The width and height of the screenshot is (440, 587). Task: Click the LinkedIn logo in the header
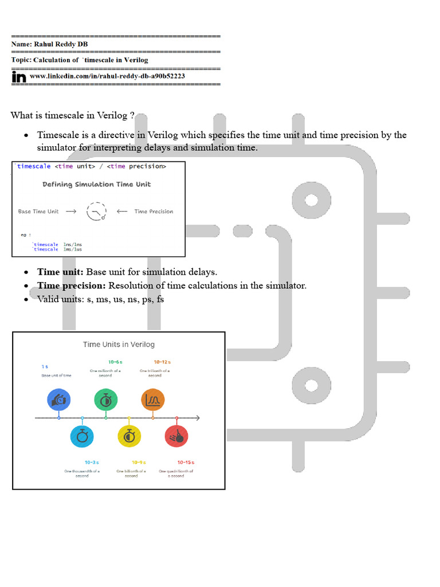point(19,77)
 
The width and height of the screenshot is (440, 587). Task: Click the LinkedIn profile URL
point(107,76)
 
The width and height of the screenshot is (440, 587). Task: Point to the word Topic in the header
point(21,60)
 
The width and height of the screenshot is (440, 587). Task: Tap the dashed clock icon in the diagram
point(96,212)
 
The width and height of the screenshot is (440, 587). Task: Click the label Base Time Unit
point(38,212)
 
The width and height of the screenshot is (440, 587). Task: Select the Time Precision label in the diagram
point(154,212)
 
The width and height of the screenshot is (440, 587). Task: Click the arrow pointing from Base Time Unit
point(71,212)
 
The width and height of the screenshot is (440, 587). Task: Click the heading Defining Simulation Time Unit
point(97,185)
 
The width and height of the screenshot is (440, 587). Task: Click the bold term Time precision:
point(72,285)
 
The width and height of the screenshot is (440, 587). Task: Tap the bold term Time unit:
point(60,272)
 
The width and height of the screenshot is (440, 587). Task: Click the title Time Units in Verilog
point(119,345)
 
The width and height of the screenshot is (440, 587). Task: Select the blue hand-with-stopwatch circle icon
point(59,400)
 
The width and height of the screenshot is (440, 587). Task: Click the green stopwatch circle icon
point(106,400)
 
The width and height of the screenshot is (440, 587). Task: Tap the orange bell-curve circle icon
point(153,400)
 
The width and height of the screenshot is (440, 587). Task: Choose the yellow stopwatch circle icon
point(129,436)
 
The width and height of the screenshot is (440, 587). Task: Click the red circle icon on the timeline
point(176,436)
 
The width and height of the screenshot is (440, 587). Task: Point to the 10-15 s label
point(186,462)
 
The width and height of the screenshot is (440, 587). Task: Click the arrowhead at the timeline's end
point(198,418)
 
